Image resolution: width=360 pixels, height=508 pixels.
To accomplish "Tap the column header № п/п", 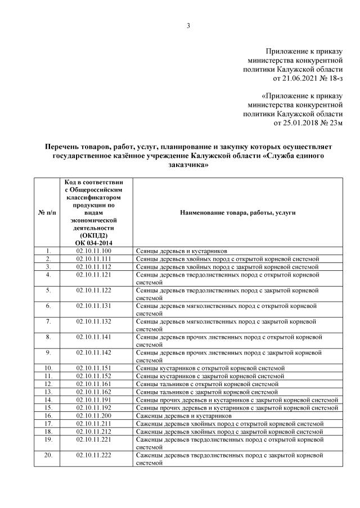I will tap(47, 213).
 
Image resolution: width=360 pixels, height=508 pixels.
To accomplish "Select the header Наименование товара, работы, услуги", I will tap(237, 213).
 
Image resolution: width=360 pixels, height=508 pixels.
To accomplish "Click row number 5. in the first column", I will tap(48, 291).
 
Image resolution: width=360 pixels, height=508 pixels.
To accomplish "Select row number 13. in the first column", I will tap(48, 392).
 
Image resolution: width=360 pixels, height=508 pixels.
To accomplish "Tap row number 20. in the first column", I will tap(48, 454).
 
